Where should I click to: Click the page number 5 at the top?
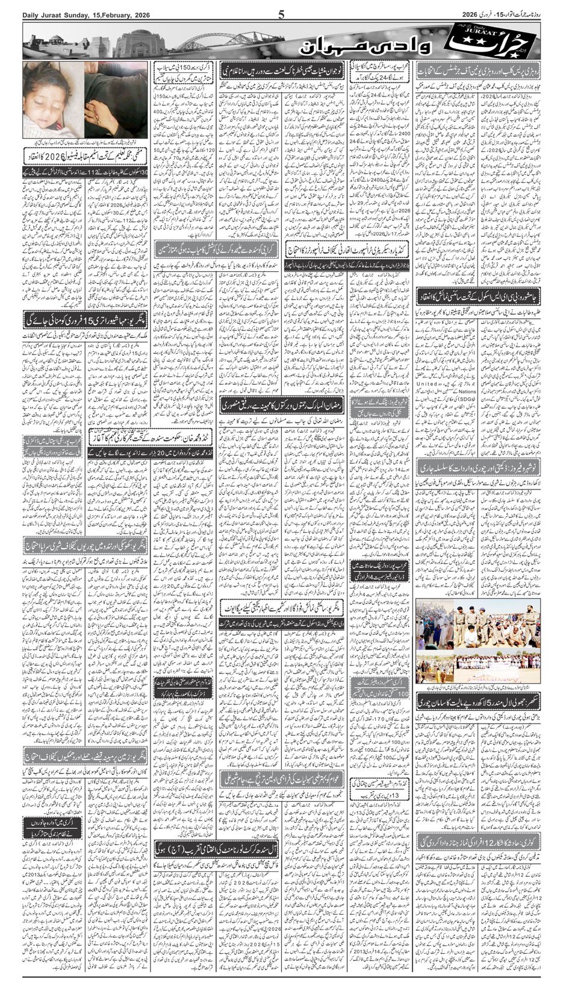(x=281, y=14)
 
